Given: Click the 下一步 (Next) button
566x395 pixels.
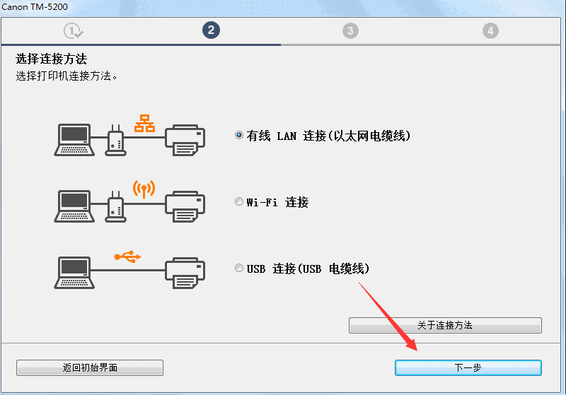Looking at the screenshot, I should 468,367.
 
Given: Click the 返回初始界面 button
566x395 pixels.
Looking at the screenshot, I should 90,367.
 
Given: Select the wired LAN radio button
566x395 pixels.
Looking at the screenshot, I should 239,136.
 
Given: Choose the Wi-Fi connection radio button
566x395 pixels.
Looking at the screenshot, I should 239,202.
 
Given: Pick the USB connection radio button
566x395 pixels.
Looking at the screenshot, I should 239,269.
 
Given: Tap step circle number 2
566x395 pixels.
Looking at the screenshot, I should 210,30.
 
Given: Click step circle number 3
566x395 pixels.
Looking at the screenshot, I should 350,30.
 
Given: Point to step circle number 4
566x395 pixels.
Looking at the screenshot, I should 490,30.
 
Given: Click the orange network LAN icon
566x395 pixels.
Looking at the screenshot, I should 144,122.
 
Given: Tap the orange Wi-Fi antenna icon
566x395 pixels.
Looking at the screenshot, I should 144,189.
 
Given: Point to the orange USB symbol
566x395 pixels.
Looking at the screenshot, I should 128,257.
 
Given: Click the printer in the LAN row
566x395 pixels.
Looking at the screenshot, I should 185,139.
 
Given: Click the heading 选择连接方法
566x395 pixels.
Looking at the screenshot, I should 56,59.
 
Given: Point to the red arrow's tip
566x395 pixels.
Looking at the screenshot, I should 416,351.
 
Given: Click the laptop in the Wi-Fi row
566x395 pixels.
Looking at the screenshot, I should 74,206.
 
